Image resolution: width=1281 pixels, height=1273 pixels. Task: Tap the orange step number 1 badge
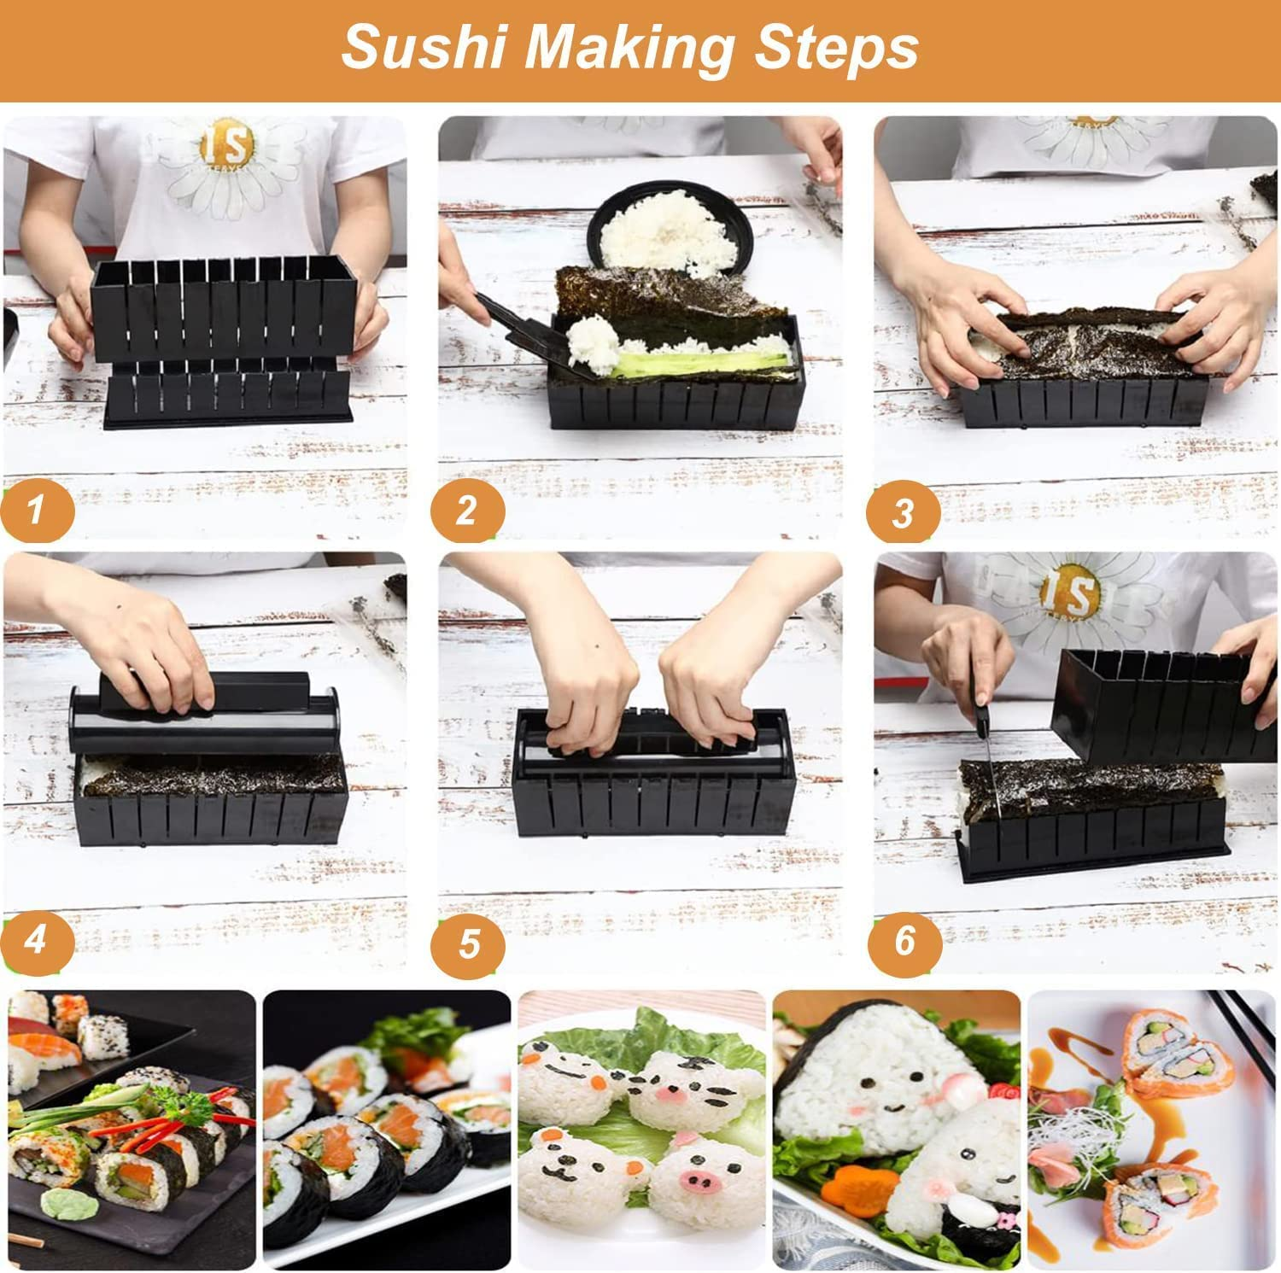tap(36, 511)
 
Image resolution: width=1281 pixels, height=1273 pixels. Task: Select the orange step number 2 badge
tap(466, 511)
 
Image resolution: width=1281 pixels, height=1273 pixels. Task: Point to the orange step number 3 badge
tap(904, 513)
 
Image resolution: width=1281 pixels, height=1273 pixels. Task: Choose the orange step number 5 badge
tap(468, 944)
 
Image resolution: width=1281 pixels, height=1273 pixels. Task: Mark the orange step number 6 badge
tap(905, 942)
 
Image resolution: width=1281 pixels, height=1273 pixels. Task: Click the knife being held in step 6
tap(991, 751)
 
